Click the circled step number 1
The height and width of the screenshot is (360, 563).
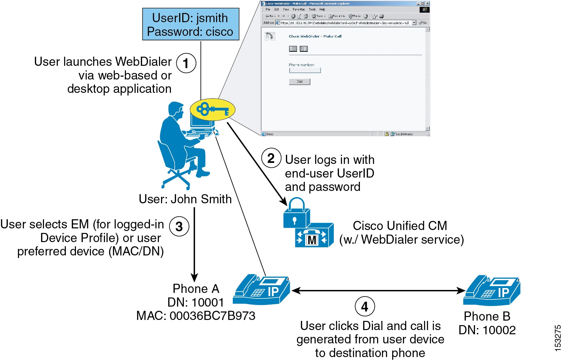[x=186, y=63]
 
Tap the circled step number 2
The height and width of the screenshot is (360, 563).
[x=271, y=158]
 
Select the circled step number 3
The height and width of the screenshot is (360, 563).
[x=179, y=226]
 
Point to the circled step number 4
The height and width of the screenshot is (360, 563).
[x=364, y=307]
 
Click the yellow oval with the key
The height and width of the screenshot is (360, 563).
[x=212, y=110]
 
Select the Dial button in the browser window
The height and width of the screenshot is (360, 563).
[x=299, y=81]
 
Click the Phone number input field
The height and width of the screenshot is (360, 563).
[x=305, y=70]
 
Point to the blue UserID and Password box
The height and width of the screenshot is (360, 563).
[x=190, y=24]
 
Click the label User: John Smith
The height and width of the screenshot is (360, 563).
[x=185, y=199]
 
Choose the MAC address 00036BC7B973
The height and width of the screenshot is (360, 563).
[x=196, y=316]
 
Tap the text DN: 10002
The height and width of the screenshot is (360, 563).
[x=487, y=330]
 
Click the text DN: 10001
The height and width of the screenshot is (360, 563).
[x=196, y=302]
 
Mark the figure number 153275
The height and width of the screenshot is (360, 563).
[x=557, y=338]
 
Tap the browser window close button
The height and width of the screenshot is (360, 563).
[x=427, y=4]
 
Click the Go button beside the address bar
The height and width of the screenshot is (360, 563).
[x=423, y=23]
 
